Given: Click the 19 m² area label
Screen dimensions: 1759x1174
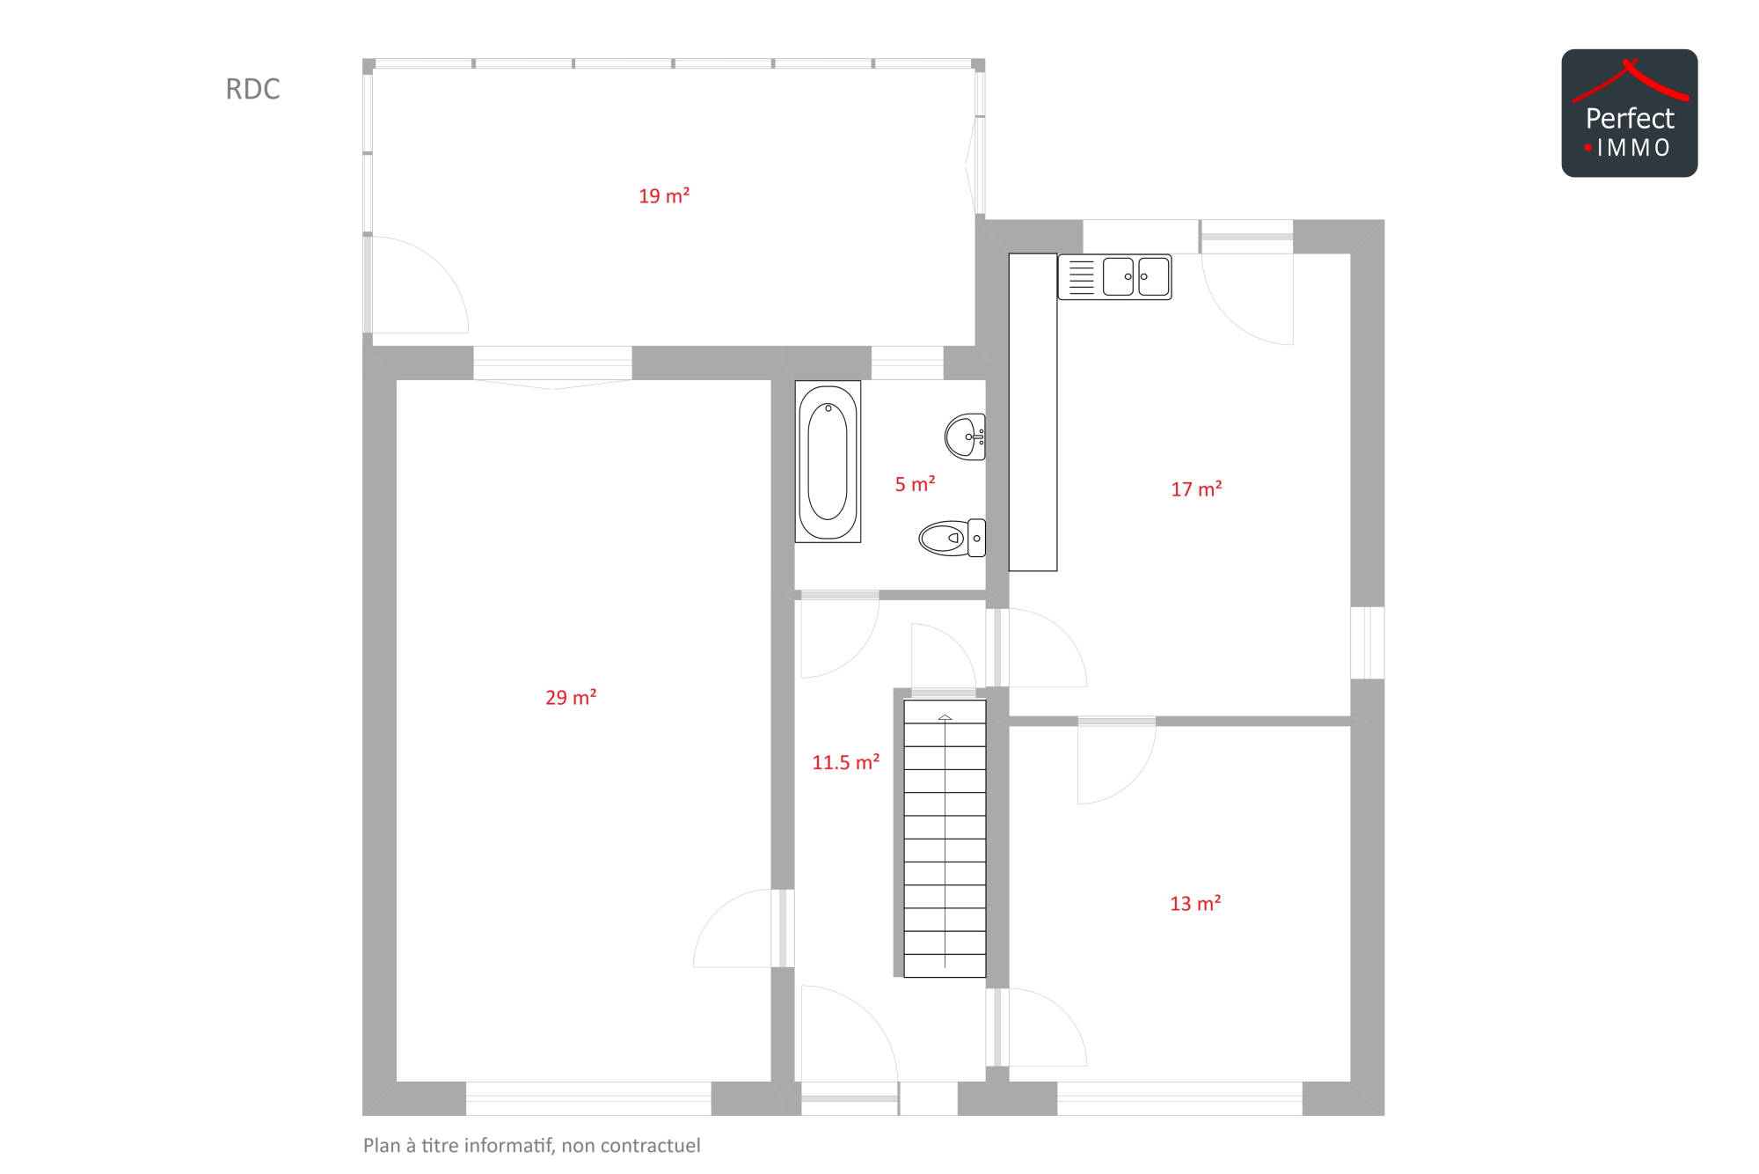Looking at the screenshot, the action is pos(664,196).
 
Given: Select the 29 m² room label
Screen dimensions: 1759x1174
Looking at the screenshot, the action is pos(571,698).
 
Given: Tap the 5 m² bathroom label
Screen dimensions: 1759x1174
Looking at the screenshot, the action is pos(915,484).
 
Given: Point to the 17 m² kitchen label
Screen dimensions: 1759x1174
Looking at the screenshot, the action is pos(1196,489).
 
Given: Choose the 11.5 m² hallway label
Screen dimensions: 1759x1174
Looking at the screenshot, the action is pos(845,762).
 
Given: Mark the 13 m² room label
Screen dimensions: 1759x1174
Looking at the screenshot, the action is pos(1195,904).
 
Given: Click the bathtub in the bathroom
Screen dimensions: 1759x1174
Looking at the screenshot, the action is pos(828,461).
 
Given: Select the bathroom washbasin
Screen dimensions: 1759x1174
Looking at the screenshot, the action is pos(965,437).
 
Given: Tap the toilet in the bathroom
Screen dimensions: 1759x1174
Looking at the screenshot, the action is pos(952,538).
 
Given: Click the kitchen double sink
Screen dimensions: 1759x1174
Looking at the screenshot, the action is pos(1114,277).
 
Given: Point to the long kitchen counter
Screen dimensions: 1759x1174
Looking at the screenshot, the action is pos(1033,413).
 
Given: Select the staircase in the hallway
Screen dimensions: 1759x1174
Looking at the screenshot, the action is pos(945,839).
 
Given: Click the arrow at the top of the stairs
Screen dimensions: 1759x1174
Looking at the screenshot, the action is pos(945,718).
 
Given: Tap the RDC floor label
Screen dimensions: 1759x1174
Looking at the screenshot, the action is pos(252,89).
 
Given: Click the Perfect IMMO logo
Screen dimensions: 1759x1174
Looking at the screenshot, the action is pos(1630,114).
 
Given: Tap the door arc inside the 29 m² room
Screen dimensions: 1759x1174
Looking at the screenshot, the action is pos(717,915).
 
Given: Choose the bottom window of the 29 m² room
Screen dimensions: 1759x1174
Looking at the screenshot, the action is pos(588,1099).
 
